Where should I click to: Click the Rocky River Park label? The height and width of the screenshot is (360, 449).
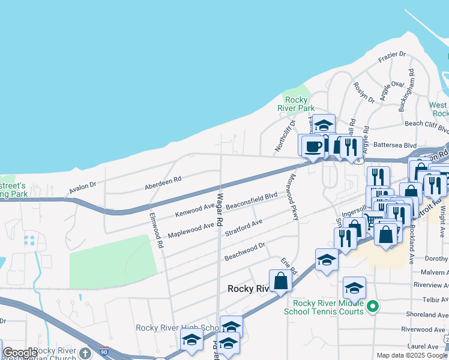point(297,104)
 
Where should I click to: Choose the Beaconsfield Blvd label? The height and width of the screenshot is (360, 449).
point(255,200)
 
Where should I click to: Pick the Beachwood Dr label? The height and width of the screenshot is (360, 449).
point(245,251)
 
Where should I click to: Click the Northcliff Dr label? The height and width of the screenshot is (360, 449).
point(286,136)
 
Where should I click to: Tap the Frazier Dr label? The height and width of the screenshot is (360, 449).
point(393,57)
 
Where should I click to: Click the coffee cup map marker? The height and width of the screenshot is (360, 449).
point(312,146)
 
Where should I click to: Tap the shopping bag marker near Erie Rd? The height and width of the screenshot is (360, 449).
point(280,280)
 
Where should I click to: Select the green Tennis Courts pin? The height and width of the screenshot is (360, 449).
point(372,307)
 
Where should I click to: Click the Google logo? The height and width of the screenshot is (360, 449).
point(20,353)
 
